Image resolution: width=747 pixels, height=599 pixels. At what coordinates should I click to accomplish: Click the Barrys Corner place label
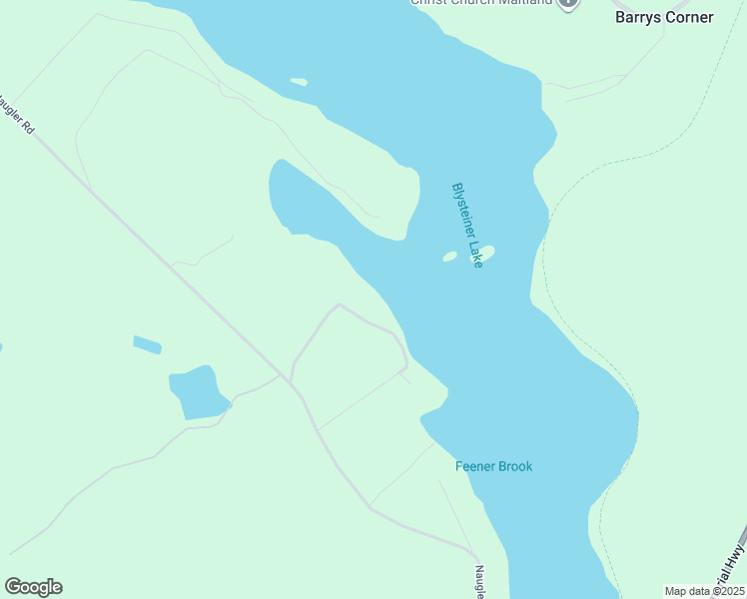[x=664, y=17]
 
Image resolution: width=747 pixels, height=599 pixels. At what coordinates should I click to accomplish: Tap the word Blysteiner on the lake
[x=462, y=211]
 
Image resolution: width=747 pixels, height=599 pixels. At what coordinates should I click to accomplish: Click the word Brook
[x=516, y=466]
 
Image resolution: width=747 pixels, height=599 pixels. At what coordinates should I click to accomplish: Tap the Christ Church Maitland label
[x=481, y=3]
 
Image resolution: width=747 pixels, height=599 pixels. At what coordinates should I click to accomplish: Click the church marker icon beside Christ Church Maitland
[x=568, y=3]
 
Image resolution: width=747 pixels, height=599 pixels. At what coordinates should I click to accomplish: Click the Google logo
[x=33, y=587]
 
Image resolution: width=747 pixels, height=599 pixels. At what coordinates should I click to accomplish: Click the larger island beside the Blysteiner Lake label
[x=486, y=252]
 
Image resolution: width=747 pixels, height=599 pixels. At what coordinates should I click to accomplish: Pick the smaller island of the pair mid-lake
[x=449, y=257]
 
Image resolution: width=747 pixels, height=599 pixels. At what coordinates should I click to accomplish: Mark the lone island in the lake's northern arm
[x=299, y=82]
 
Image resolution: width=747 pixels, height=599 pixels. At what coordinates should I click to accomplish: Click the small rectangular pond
[x=147, y=345]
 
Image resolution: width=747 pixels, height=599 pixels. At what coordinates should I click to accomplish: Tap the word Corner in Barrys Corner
[x=689, y=17]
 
